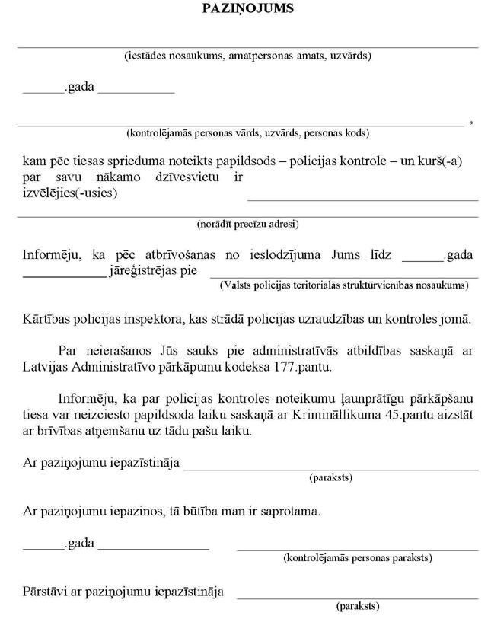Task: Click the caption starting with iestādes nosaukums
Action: pos(247,56)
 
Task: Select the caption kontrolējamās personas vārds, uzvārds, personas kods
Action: pos(247,132)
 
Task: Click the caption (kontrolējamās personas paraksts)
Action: pos(357,558)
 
